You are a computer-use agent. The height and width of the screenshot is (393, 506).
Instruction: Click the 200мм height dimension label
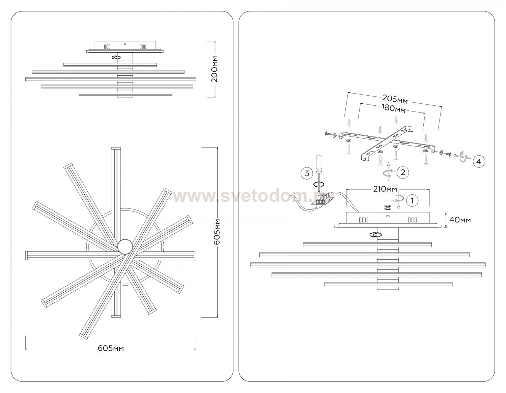[x=215, y=69]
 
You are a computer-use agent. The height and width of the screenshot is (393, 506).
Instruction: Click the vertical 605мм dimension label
[x=217, y=232]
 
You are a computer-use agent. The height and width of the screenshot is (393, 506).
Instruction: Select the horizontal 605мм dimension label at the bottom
[x=111, y=348]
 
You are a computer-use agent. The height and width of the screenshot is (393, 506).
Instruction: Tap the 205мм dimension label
[x=395, y=99]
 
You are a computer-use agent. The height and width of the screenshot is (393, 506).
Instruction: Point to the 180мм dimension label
[x=394, y=108]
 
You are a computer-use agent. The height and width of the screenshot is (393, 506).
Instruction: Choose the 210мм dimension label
[x=385, y=189]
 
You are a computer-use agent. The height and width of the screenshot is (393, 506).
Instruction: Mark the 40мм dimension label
[x=460, y=220]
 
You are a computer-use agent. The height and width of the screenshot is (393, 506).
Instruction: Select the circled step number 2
[x=403, y=172]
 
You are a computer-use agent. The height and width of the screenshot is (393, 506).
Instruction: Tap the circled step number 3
[x=307, y=173]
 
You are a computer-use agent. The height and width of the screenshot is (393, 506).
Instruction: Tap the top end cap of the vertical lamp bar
[x=116, y=148]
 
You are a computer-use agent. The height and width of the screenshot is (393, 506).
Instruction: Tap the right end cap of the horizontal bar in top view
[x=195, y=255]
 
